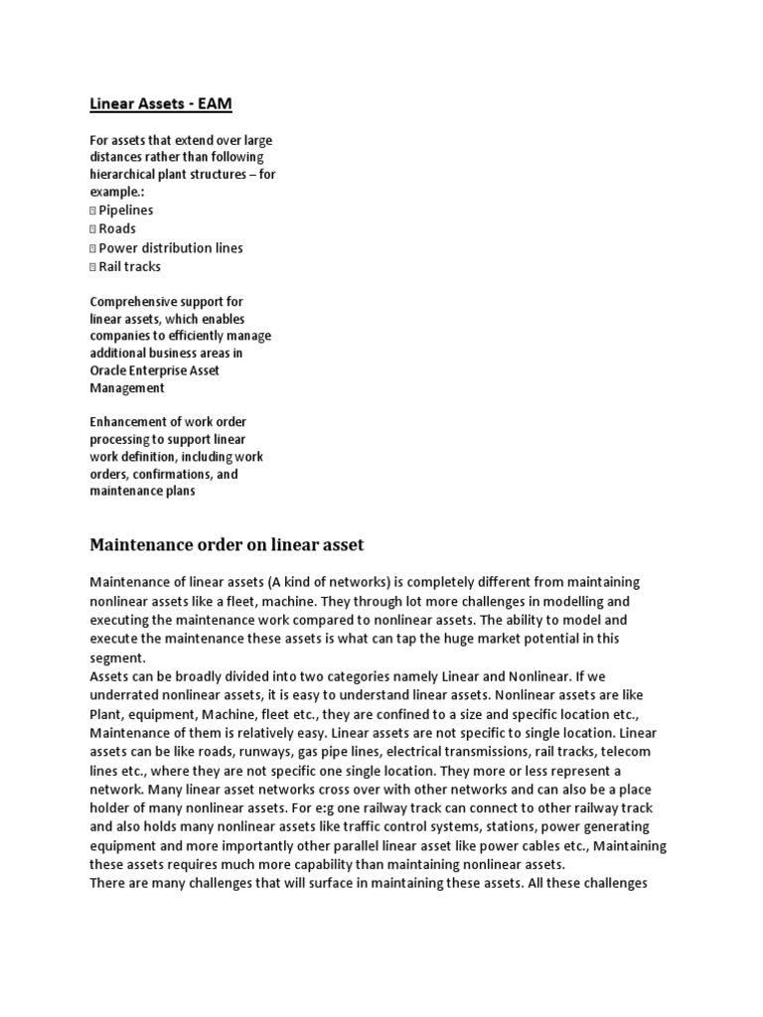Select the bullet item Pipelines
click(125, 211)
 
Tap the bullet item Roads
click(117, 228)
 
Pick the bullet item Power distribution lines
click(170, 247)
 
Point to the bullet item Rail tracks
click(129, 266)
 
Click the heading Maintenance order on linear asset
click(228, 545)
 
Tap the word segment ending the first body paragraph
click(117, 657)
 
